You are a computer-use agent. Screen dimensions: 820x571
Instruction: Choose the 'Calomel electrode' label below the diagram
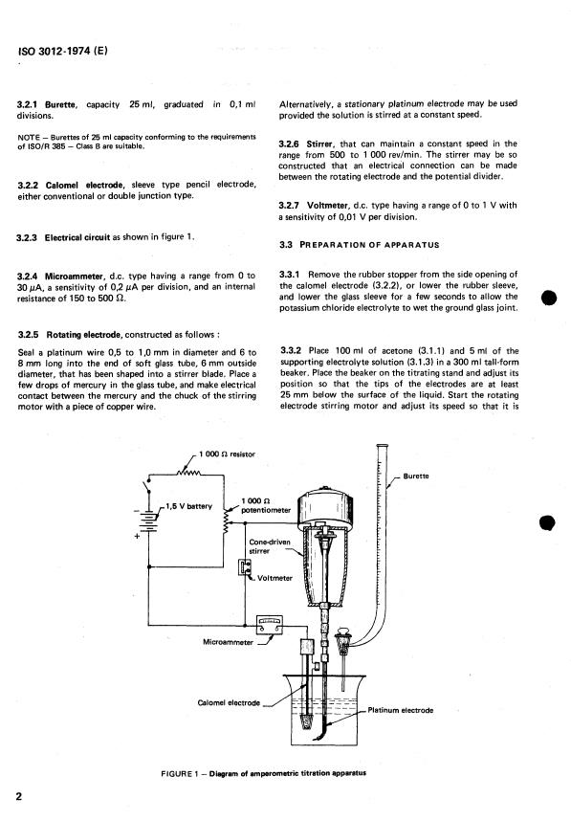pyautogui.click(x=228, y=703)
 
